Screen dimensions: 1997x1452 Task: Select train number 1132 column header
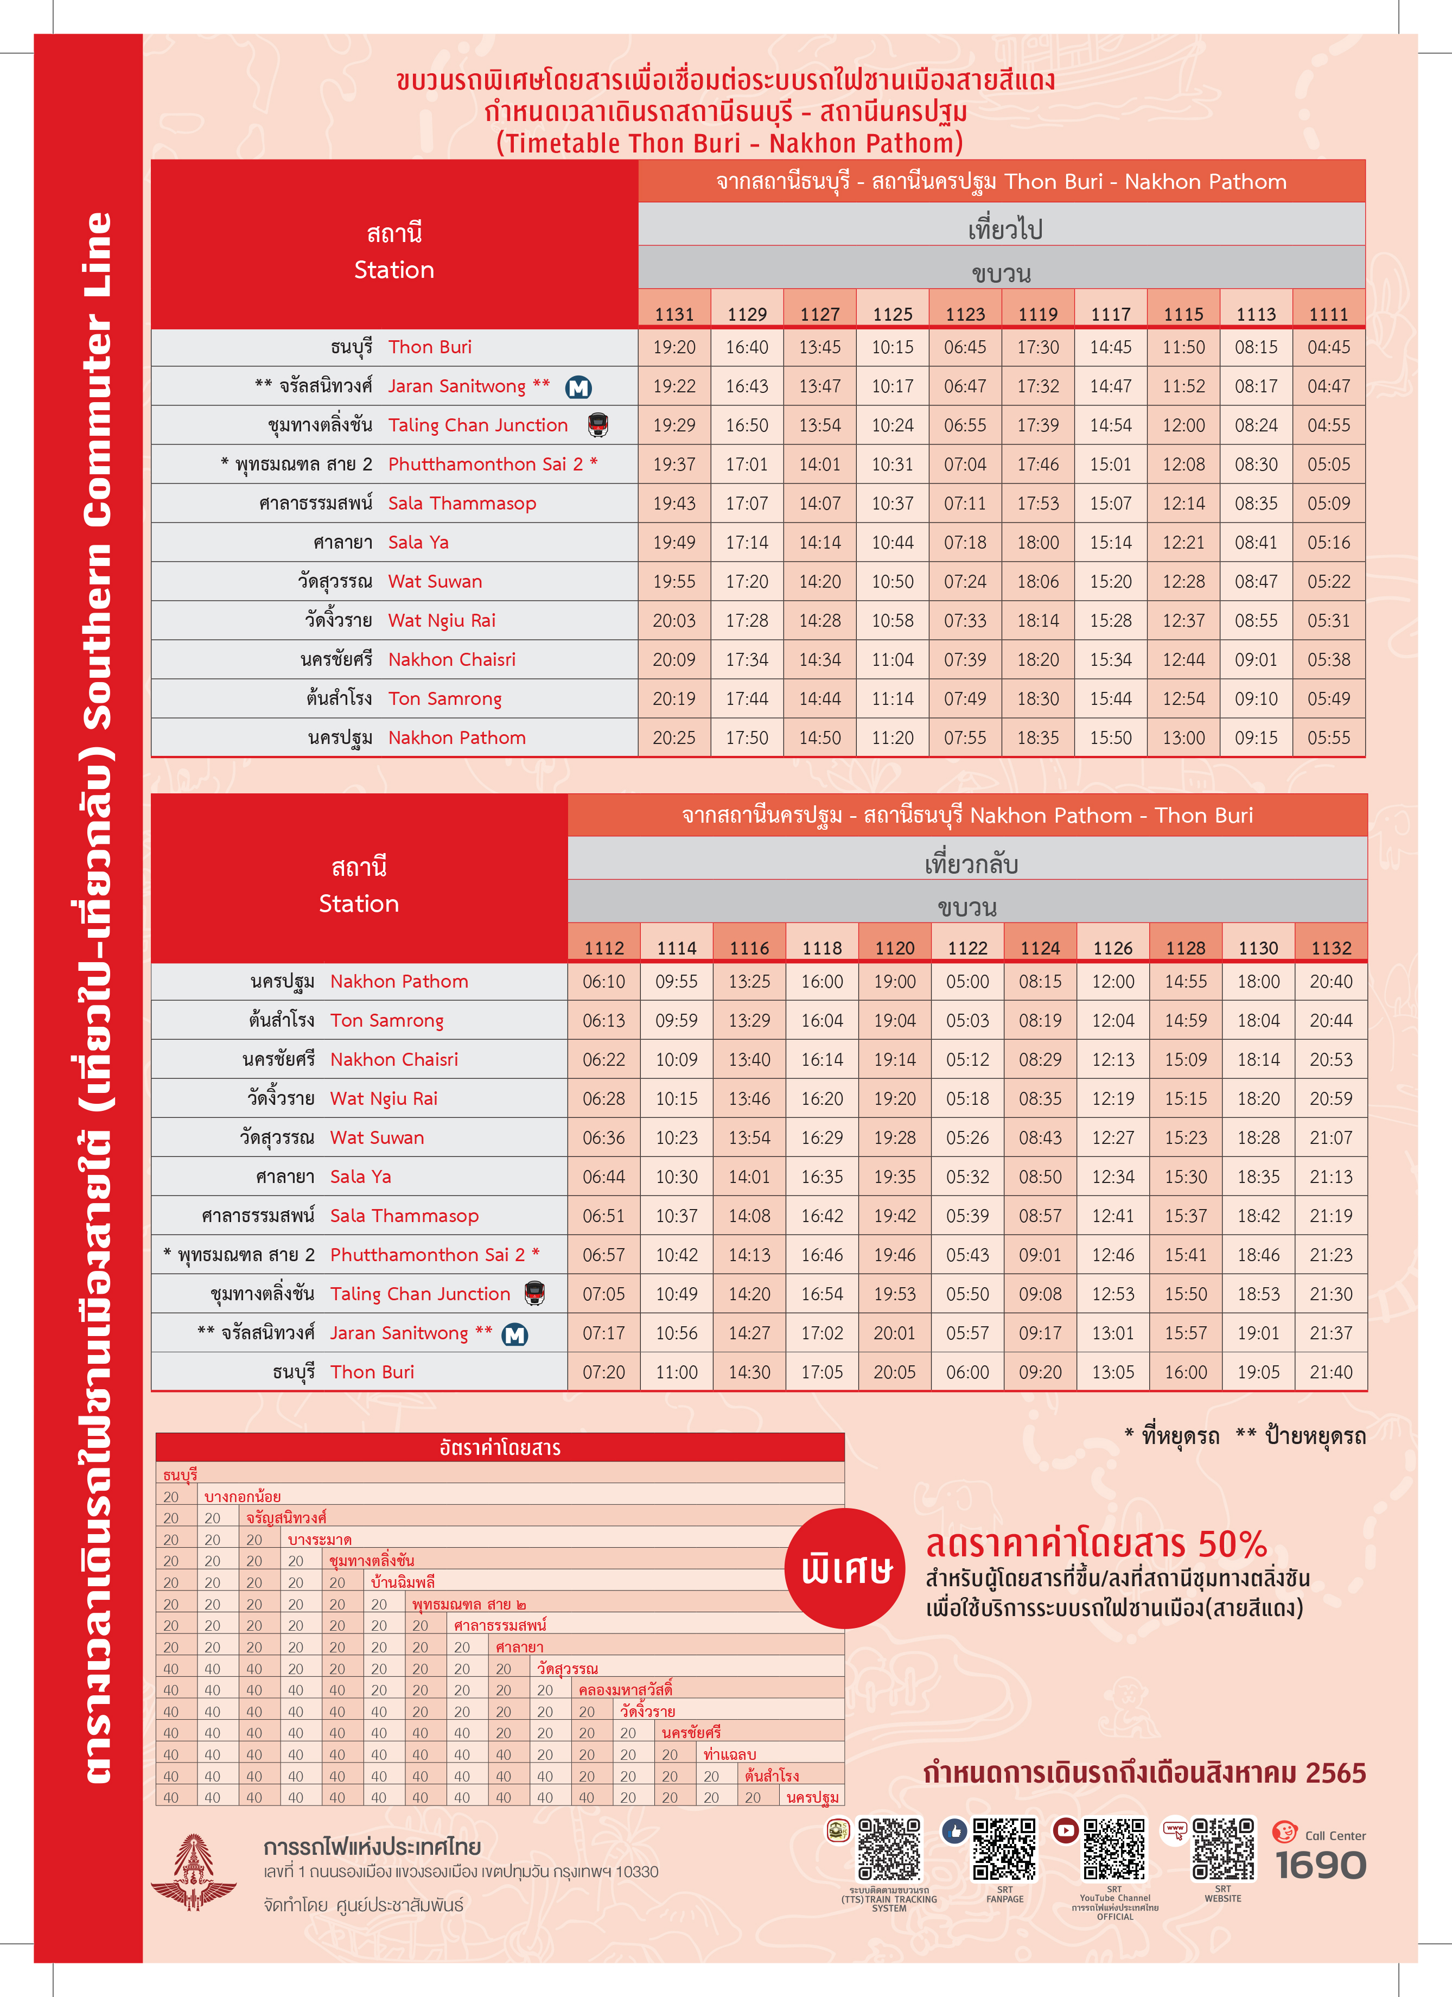click(x=1330, y=949)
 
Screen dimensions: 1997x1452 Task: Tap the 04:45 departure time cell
click(x=1328, y=347)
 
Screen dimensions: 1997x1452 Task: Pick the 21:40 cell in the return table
click(x=1330, y=1372)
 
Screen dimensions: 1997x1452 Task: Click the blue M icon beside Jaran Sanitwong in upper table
click(x=578, y=387)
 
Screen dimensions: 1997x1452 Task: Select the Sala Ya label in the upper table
click(x=418, y=543)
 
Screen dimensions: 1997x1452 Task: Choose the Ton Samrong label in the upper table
click(x=445, y=699)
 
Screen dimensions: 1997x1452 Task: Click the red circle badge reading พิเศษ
click(x=845, y=1568)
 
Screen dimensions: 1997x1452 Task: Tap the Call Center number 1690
click(x=1321, y=1865)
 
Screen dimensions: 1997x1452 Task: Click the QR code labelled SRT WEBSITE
click(x=1223, y=1849)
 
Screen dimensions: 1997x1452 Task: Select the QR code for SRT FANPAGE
click(x=1004, y=1849)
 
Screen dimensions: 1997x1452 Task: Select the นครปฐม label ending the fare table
click(x=812, y=1797)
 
